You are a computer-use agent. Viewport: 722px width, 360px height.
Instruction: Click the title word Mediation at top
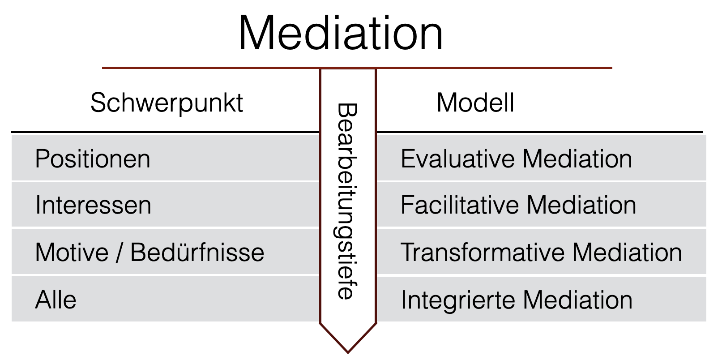tap(341, 34)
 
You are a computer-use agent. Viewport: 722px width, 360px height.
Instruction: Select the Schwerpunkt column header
tap(167, 103)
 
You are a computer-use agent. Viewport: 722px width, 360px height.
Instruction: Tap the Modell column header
tap(475, 103)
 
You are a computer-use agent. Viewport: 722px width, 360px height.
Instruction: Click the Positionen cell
tap(93, 159)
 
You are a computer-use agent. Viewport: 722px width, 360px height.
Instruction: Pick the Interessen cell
tap(93, 206)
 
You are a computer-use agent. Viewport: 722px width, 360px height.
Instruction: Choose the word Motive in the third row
tap(72, 253)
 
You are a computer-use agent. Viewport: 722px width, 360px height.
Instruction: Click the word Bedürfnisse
tap(197, 253)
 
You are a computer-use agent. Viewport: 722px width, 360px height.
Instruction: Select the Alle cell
tap(56, 300)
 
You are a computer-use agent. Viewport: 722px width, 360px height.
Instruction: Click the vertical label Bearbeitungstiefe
tap(347, 201)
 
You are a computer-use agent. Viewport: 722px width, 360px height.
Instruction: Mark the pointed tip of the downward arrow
tap(348, 352)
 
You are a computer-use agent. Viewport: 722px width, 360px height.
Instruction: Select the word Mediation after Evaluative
tap(577, 159)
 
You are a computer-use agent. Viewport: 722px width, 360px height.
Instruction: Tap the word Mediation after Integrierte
tap(577, 300)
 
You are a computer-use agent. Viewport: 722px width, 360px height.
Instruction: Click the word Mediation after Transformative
tap(627, 253)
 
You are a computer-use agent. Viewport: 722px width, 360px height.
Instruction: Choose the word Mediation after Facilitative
tap(581, 206)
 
